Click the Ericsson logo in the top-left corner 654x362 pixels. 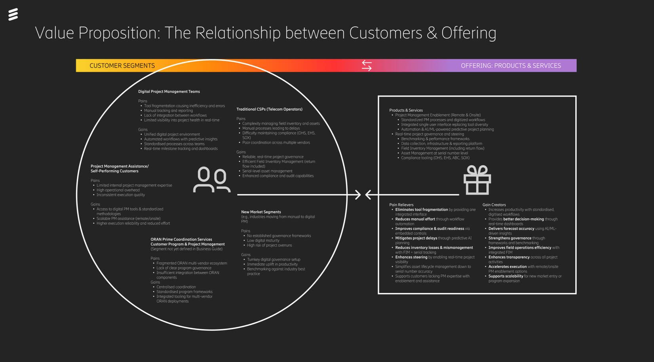(13, 14)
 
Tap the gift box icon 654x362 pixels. (477, 180)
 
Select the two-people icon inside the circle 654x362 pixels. (211, 180)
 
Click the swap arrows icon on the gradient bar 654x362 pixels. (367, 66)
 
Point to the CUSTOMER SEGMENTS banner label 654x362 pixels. (122, 66)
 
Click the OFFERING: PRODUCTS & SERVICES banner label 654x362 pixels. (510, 66)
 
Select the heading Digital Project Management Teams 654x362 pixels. (169, 91)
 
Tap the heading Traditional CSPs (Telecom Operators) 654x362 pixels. (269, 109)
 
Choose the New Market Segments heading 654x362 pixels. (261, 212)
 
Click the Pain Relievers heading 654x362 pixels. (401, 205)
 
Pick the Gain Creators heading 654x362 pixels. (494, 205)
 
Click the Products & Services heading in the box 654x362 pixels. (406, 110)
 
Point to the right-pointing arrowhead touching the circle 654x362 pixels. (357, 195)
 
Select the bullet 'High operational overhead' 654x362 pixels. (118, 190)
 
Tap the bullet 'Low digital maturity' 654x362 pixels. (263, 241)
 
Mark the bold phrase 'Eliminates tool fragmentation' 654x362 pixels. (421, 210)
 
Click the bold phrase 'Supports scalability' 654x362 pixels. (506, 276)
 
